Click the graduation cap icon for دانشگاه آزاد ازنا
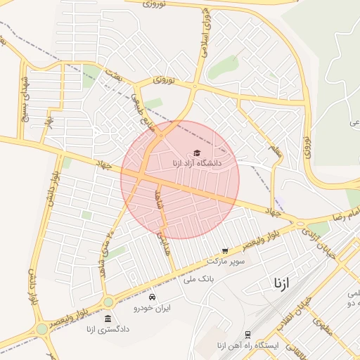[x=197, y=153]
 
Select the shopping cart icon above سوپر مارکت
[x=225, y=250]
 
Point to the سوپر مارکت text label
[x=226, y=260]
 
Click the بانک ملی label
[x=198, y=278]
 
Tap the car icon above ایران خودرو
[x=152, y=297]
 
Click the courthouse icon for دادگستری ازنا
[x=107, y=319]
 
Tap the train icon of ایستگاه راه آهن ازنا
[x=247, y=335]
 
